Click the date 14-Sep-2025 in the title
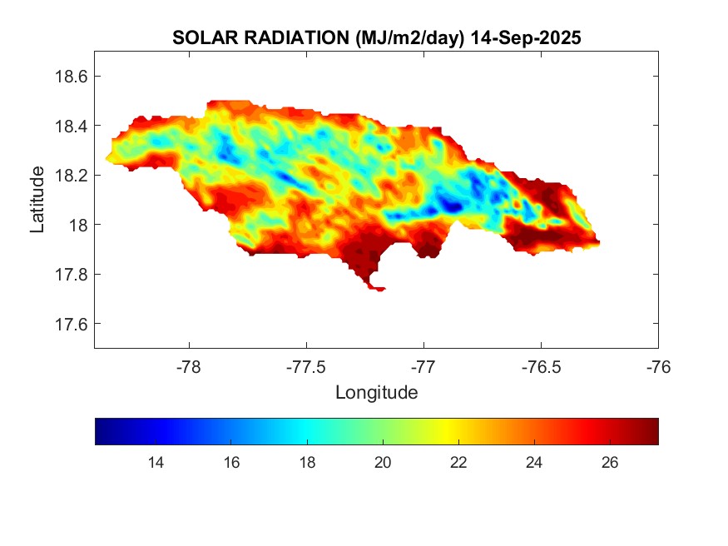525,37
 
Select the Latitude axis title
37,200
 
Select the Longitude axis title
376,392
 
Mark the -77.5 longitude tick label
306,365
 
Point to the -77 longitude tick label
423,365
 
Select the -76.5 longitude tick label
541,365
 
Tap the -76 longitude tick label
658,365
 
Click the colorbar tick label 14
155,463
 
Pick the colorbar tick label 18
307,463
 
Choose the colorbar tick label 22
458,463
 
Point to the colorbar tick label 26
610,463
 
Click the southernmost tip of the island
379,290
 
